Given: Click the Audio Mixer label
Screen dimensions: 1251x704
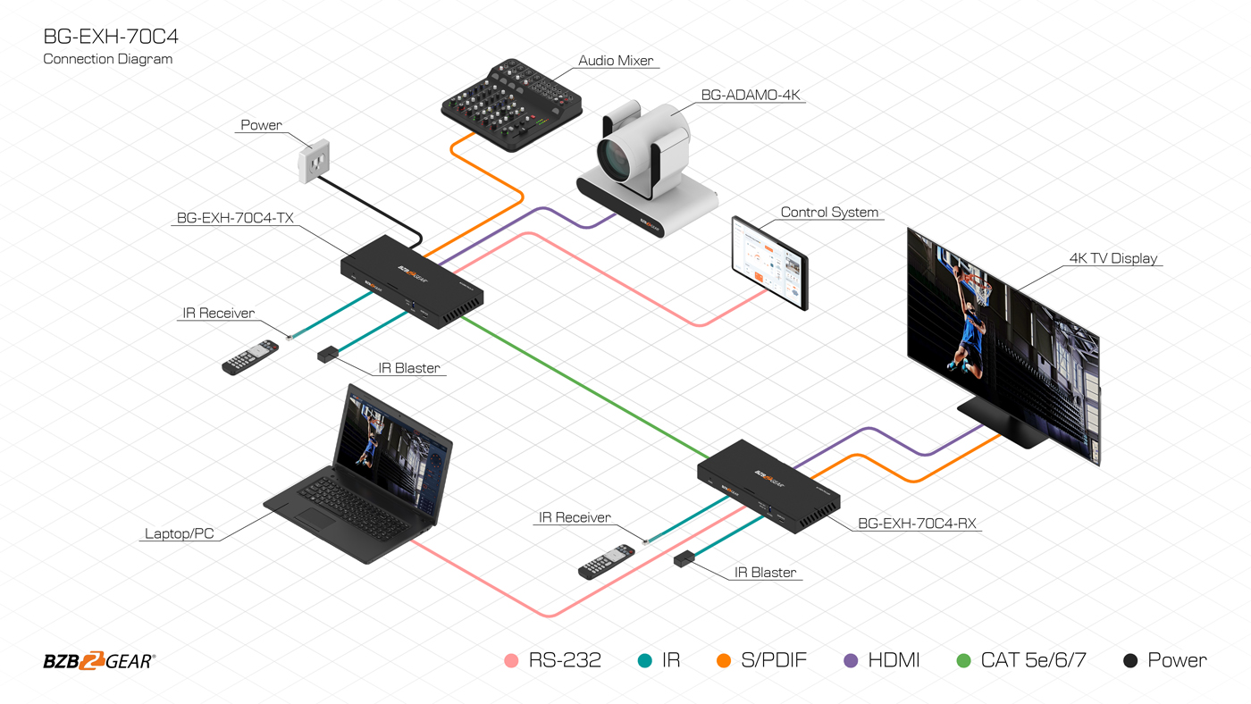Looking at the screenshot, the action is pyautogui.click(x=616, y=60).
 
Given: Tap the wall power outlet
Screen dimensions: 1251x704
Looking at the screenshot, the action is pyautogui.click(x=314, y=162).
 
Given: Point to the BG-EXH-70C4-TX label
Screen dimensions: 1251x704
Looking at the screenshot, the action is pyautogui.click(x=235, y=218).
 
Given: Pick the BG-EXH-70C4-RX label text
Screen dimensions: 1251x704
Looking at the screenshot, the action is pyautogui.click(x=917, y=524).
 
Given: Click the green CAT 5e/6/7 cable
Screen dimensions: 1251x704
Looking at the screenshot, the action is pyautogui.click(x=584, y=386).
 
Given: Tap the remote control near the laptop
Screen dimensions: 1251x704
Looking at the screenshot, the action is pyautogui.click(x=249, y=357).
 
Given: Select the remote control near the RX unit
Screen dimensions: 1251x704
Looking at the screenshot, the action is pyautogui.click(x=606, y=562).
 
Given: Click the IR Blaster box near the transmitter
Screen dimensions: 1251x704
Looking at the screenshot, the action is pyautogui.click(x=328, y=355).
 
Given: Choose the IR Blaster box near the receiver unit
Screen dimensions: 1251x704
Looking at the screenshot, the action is pyautogui.click(x=684, y=559).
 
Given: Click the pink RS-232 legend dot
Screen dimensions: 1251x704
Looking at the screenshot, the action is pyautogui.click(x=511, y=660).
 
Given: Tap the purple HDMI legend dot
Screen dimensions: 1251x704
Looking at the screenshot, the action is pyautogui.click(x=851, y=660).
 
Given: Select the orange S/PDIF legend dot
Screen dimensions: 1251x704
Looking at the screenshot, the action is pyautogui.click(x=724, y=660).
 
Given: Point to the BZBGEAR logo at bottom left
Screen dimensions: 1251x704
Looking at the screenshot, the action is pyautogui.click(x=99, y=660).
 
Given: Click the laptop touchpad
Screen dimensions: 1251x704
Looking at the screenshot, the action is pyautogui.click(x=316, y=518).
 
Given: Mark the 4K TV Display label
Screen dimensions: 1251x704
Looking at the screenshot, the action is pyautogui.click(x=1113, y=258).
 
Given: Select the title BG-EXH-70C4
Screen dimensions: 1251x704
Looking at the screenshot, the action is pyautogui.click(x=111, y=37).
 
